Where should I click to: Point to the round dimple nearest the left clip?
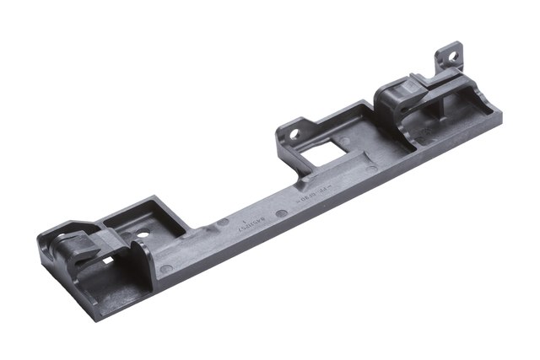(166, 269)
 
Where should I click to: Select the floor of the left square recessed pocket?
(152, 223)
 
